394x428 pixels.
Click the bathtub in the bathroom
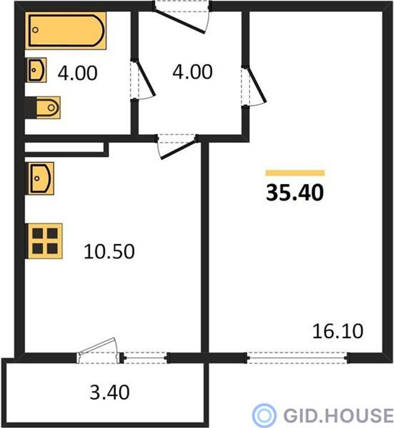point(66,30)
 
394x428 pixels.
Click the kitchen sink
point(40,178)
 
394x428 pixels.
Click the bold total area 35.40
point(295,193)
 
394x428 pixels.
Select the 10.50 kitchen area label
point(109,252)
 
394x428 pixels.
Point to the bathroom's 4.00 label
point(78,73)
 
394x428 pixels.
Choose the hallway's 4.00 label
point(192,72)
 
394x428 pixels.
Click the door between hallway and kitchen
point(177,147)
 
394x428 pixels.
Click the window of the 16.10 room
point(297,358)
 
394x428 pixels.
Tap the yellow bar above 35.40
point(295,173)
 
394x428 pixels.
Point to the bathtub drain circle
point(35,30)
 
